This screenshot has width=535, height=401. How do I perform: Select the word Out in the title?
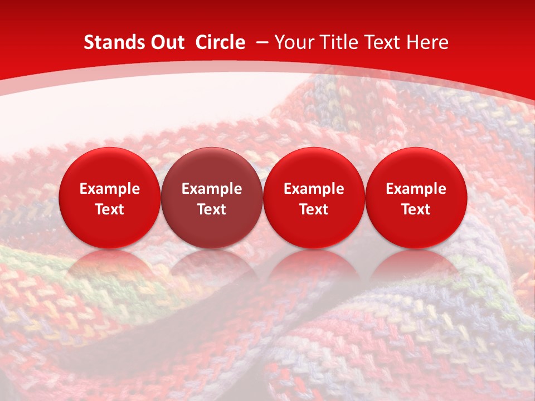click(x=166, y=42)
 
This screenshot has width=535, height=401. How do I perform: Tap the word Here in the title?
click(x=427, y=42)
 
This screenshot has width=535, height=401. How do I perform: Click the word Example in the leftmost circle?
click(x=110, y=189)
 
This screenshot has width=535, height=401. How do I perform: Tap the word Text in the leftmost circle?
click(x=110, y=209)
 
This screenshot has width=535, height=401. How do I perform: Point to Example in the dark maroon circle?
click(x=212, y=189)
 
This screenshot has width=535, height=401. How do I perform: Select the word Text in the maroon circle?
click(x=212, y=209)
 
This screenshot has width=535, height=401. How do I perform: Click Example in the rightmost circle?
click(x=416, y=189)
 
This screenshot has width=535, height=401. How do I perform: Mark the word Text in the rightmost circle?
click(x=416, y=209)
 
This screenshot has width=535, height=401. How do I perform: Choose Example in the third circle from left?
click(x=314, y=189)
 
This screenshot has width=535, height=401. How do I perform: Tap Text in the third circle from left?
click(x=314, y=209)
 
